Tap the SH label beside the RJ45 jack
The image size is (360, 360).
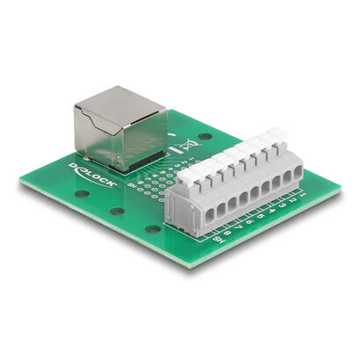tap(132, 185)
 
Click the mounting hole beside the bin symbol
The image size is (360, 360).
tap(204, 137)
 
